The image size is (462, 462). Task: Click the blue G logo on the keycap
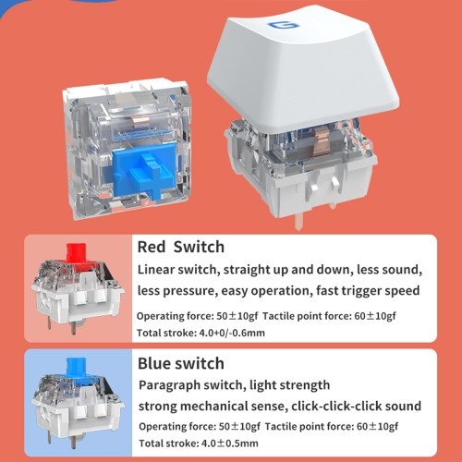[x=284, y=25]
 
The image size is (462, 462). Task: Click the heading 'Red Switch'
[x=181, y=247]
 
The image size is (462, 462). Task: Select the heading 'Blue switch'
[x=181, y=363]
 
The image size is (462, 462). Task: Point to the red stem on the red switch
[x=76, y=253]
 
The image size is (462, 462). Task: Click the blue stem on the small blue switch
[x=76, y=368]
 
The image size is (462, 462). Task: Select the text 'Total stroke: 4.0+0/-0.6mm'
[x=201, y=333]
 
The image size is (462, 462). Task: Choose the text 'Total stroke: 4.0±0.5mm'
[x=199, y=444]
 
